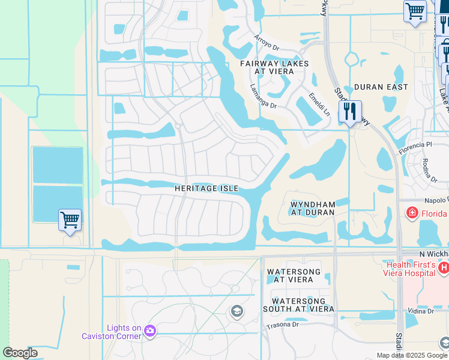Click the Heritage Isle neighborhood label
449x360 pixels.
(x=206, y=188)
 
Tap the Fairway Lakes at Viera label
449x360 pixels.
(x=274, y=67)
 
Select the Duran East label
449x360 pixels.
(x=381, y=87)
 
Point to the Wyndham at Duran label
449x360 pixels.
(x=312, y=208)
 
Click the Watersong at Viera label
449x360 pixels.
(x=290, y=276)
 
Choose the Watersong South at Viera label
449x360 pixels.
(x=298, y=305)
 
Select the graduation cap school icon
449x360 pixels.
(x=237, y=311)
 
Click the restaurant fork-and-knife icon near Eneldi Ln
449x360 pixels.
(x=349, y=112)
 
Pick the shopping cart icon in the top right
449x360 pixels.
(x=415, y=11)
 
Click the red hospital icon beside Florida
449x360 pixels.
(x=412, y=212)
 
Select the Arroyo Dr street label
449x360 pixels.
(x=267, y=46)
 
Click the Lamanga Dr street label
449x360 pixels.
(x=263, y=97)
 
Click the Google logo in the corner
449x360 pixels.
(x=20, y=353)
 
